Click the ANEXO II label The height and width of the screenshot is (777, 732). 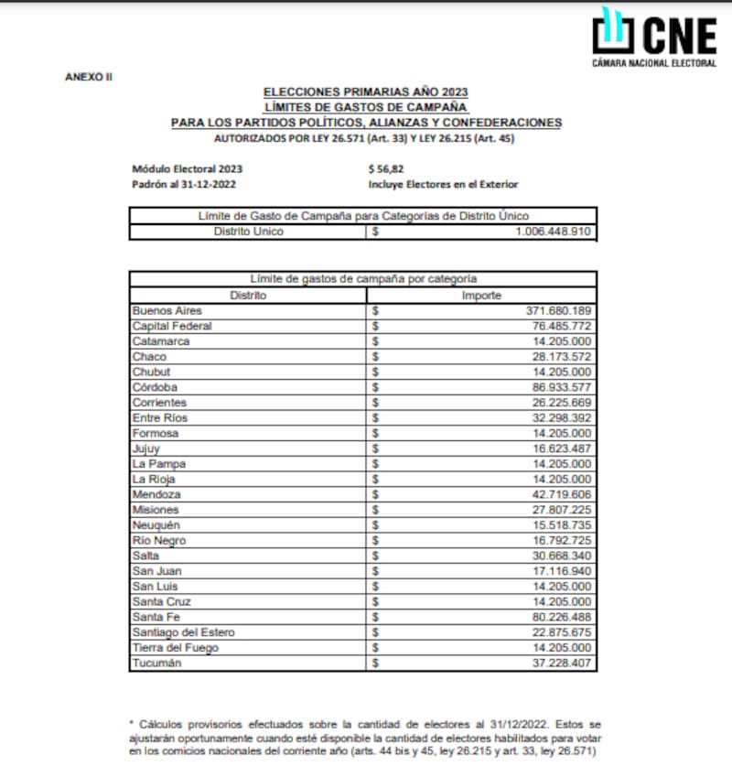coord(89,76)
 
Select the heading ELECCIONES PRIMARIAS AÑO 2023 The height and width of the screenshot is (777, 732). coord(366,92)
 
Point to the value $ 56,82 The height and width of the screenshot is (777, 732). coord(386,168)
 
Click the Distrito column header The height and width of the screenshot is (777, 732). coord(248,295)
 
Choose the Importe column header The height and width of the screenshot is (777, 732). coord(481,295)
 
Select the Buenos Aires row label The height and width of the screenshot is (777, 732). coord(167,310)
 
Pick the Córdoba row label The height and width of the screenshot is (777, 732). coord(158,387)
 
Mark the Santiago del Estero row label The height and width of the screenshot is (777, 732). coord(184,632)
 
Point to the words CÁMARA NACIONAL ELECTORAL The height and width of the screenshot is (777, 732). coord(654,64)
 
